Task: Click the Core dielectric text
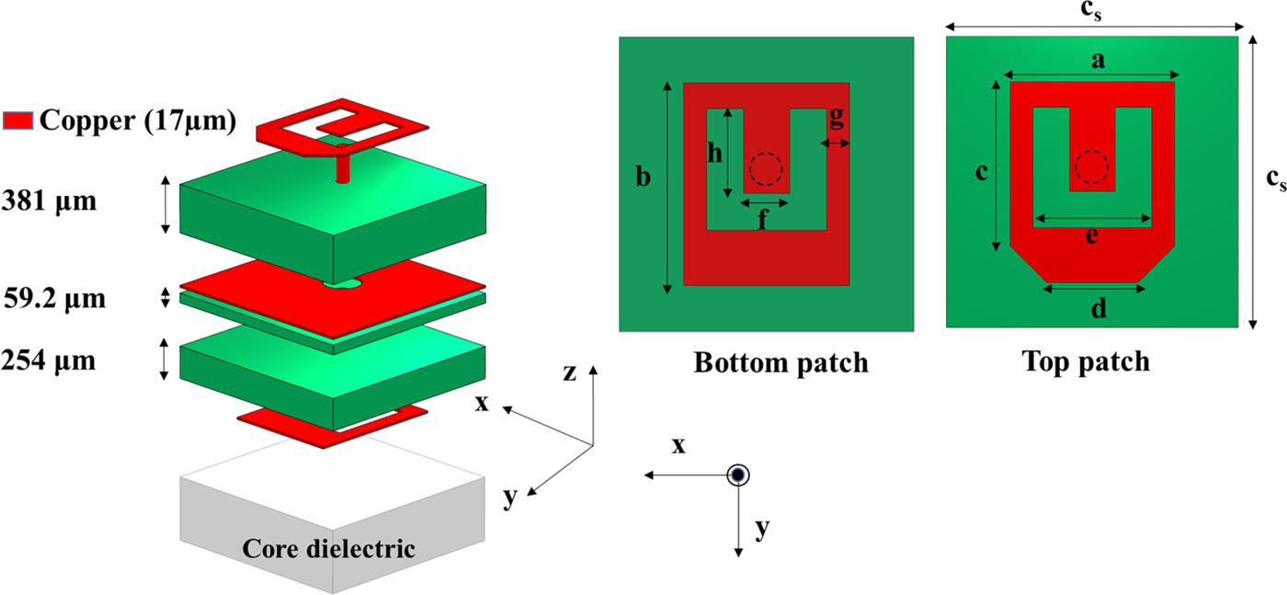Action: (328, 549)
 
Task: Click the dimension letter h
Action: (713, 154)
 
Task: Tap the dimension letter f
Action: (763, 221)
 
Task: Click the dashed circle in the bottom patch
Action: (765, 169)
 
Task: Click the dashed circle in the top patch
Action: (1092, 167)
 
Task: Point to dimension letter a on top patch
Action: (1095, 62)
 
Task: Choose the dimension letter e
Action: (1091, 236)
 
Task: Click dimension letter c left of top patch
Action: (982, 172)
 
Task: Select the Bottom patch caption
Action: (780, 362)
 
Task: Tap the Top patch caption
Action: (1086, 361)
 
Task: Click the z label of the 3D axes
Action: (570, 372)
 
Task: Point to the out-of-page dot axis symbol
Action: (738, 475)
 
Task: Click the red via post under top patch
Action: (343, 168)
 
